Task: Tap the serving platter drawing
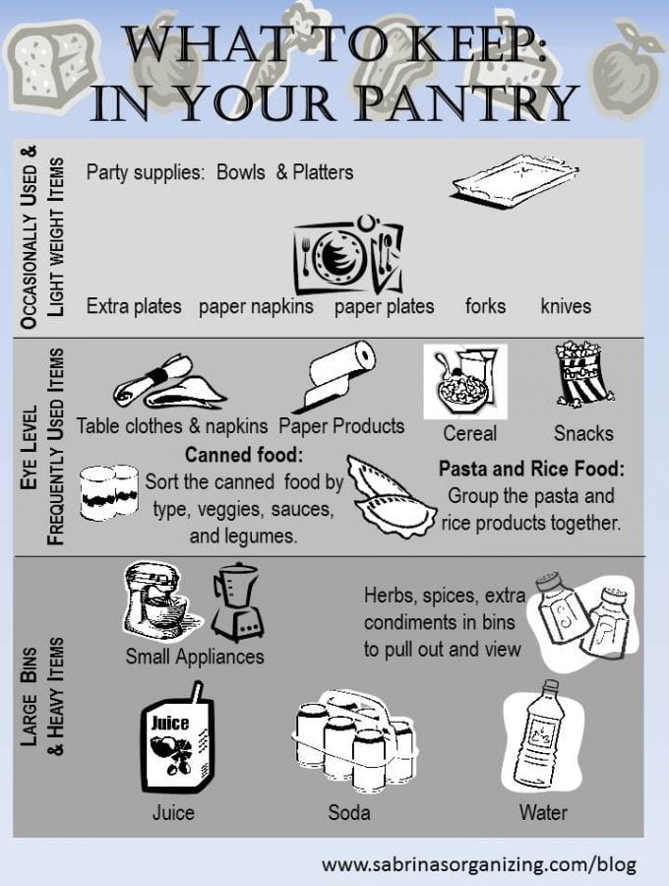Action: click(515, 180)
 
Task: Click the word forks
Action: click(486, 306)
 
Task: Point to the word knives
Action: click(566, 306)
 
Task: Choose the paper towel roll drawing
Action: click(334, 376)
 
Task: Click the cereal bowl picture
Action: click(465, 382)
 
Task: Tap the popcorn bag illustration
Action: click(583, 373)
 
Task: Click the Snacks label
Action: click(583, 433)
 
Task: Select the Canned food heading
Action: click(244, 454)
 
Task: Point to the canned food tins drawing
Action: click(109, 492)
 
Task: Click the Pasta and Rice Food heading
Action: click(532, 469)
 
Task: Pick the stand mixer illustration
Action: click(162, 601)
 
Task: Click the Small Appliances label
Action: click(195, 657)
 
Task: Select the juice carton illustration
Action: click(177, 737)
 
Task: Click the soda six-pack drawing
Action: click(355, 740)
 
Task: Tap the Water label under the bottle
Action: click(543, 812)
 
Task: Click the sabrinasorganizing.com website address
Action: click(479, 864)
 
